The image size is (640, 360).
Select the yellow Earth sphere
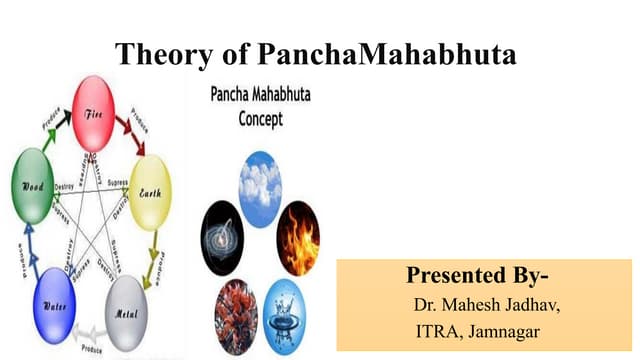150,193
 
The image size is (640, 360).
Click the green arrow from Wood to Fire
50,126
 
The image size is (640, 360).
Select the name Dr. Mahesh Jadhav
486,304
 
